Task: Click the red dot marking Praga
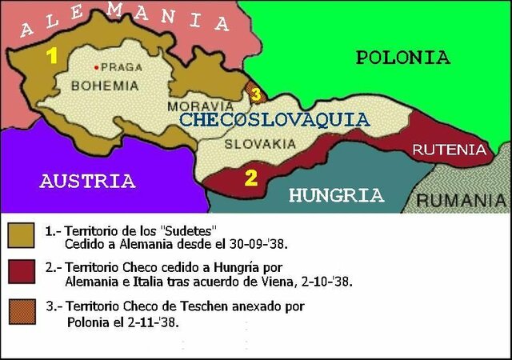(97, 66)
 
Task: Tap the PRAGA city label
(117, 66)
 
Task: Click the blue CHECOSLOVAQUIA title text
(274, 120)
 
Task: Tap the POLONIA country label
(402, 57)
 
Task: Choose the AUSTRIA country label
(87, 181)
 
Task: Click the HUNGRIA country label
(336, 194)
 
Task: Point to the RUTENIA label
(449, 150)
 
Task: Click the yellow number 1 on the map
(51, 57)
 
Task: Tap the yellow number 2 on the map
(250, 178)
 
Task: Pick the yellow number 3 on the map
(255, 94)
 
